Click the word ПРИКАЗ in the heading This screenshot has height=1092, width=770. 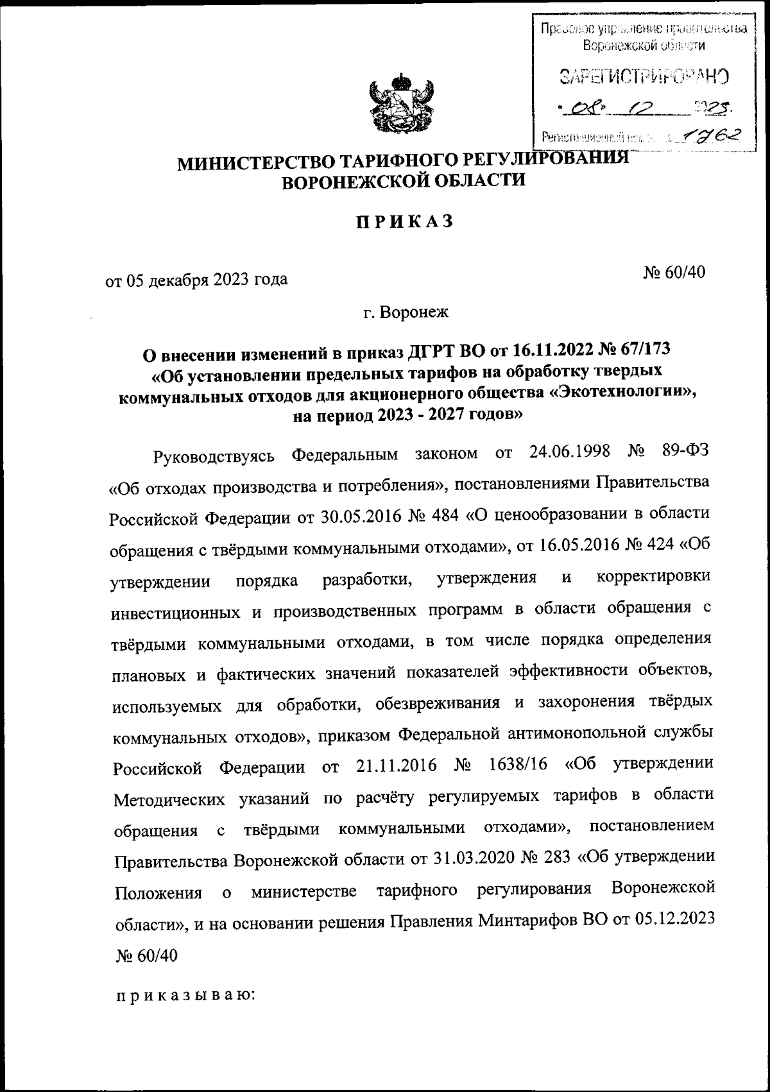click(x=404, y=221)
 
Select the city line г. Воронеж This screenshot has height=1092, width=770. click(x=406, y=312)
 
